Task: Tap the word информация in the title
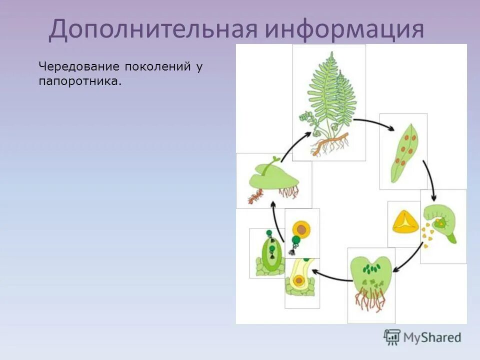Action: [x=344, y=29]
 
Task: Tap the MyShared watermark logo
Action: [x=422, y=337]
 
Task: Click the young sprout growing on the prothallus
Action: [x=272, y=162]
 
